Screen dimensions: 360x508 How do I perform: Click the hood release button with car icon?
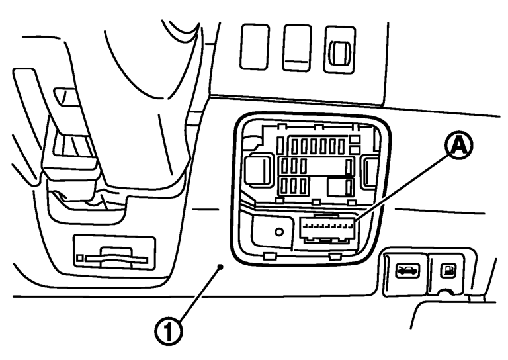pyautogui.click(x=403, y=270)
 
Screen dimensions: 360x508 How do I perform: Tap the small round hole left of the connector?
pyautogui.click(x=280, y=232)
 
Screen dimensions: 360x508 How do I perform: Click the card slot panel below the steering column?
pyautogui.click(x=114, y=253)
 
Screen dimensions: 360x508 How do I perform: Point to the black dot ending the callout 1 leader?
pyautogui.click(x=222, y=267)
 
